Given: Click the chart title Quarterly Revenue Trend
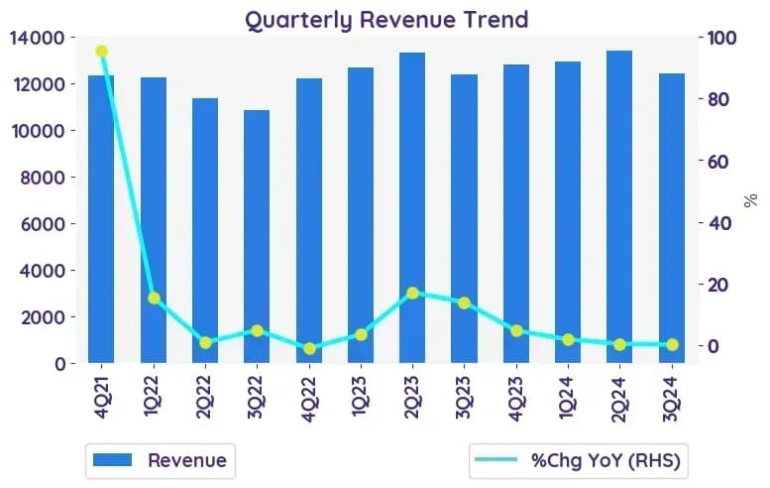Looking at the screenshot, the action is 386,20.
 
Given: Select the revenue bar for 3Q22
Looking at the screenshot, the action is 257,236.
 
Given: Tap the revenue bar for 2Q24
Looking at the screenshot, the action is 619,207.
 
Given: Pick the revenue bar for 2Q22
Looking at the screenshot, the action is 205,230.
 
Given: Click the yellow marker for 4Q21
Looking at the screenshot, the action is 102,52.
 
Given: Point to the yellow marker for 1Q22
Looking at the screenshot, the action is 154,299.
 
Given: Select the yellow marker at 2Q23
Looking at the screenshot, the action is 412,294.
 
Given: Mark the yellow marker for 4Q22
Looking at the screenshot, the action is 309,349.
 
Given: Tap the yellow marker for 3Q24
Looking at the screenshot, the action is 672,345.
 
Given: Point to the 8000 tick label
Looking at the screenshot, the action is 43,178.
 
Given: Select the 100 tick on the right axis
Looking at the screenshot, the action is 721,38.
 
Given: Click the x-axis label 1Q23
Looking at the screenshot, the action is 360,396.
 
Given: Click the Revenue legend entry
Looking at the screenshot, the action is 161,460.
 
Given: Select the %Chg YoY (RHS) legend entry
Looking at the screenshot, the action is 578,460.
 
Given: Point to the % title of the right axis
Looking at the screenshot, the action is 750,200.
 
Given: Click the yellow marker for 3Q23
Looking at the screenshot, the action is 465,304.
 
